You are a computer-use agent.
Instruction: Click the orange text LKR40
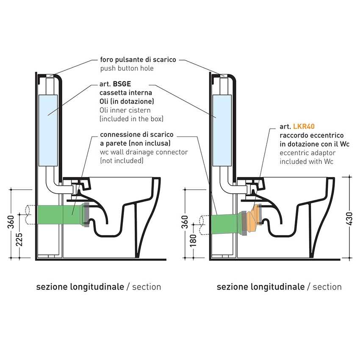[x=303, y=126]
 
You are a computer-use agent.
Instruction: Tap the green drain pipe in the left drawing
[x=55, y=216]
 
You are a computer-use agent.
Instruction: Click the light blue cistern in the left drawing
[x=47, y=130]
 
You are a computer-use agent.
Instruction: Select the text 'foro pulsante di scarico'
[x=138, y=60]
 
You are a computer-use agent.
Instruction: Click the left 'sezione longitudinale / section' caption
[x=98, y=287]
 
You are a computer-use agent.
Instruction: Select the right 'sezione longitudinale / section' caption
[x=279, y=287]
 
